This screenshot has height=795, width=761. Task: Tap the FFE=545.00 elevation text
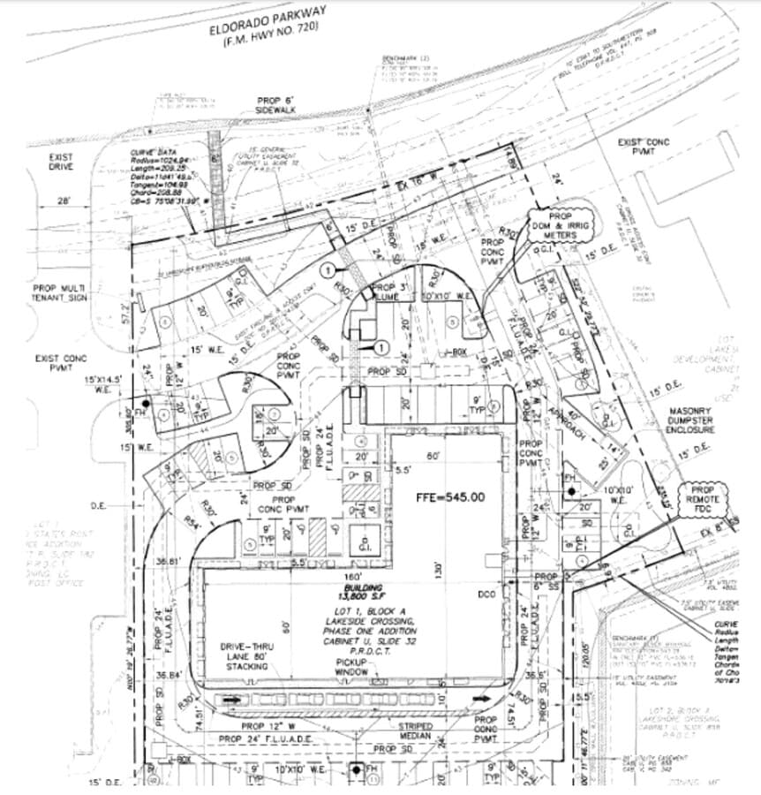pyautogui.click(x=450, y=497)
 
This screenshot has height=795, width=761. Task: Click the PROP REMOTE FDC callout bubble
pyautogui.click(x=703, y=501)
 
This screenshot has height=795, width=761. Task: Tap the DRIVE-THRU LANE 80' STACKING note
pyautogui.click(x=245, y=656)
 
